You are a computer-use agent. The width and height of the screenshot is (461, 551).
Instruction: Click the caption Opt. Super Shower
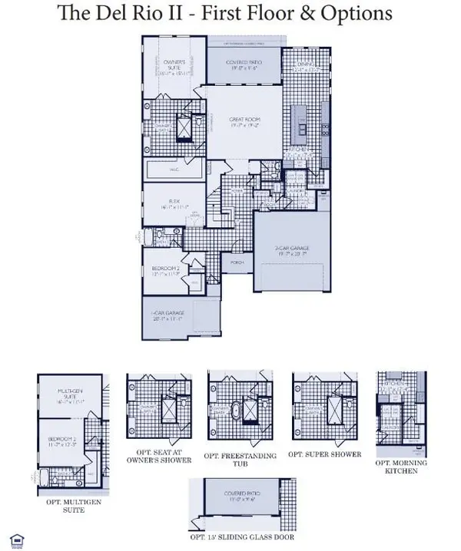pyautogui.click(x=323, y=455)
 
